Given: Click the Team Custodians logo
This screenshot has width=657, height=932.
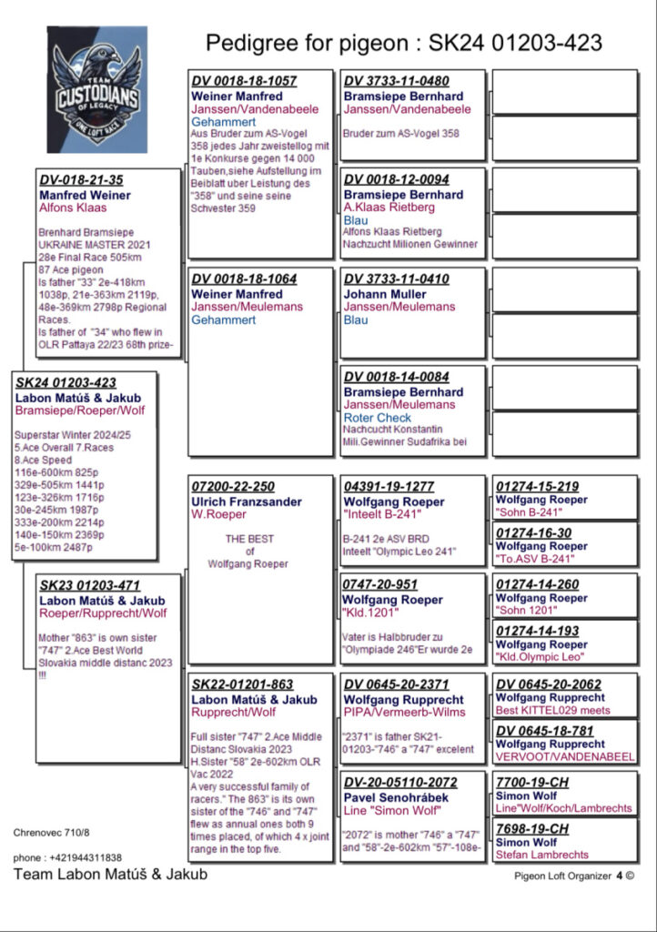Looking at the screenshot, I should (96, 89).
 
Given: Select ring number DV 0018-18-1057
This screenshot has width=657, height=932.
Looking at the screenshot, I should (244, 81).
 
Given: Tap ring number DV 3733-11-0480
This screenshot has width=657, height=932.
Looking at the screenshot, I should (396, 81).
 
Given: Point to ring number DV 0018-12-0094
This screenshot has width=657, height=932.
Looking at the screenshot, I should (396, 179).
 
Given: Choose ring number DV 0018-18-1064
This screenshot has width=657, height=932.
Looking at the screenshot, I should (244, 279).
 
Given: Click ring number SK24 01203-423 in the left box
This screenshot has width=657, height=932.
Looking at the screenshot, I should (66, 383).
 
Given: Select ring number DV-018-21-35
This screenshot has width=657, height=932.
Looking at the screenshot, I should (81, 179).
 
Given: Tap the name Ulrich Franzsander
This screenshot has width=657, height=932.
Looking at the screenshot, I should (247, 501).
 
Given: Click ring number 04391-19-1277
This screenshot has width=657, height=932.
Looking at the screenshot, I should (389, 487).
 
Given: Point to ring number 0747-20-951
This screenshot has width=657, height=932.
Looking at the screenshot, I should (379, 584).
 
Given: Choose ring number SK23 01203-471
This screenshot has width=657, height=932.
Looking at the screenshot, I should (89, 586).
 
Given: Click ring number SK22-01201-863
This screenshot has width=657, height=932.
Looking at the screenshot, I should (242, 684).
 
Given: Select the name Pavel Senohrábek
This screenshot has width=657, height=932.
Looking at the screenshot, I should (396, 798).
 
